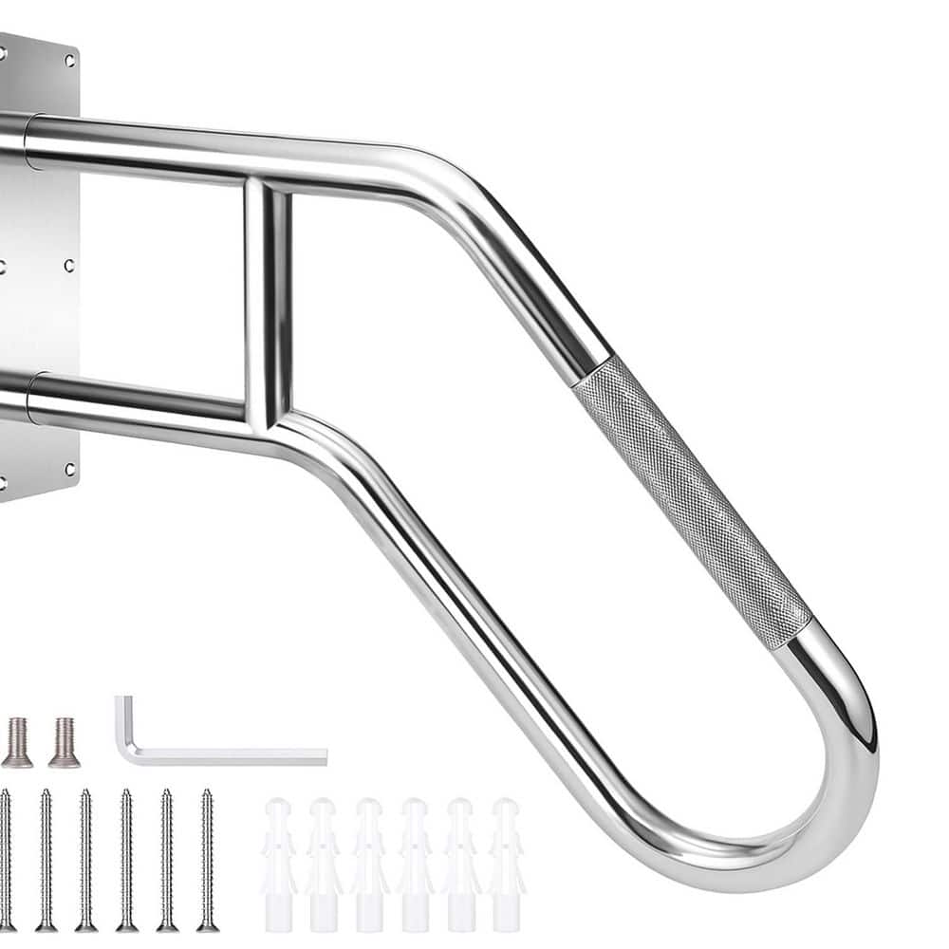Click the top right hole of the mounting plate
69,60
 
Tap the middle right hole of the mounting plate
69,266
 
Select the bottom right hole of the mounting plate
69,468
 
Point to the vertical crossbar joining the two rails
267,304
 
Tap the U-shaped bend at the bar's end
835,759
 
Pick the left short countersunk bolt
17,742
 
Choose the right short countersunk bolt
64,742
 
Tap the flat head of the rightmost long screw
207,925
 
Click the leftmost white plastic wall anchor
278,864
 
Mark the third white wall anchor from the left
369,864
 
